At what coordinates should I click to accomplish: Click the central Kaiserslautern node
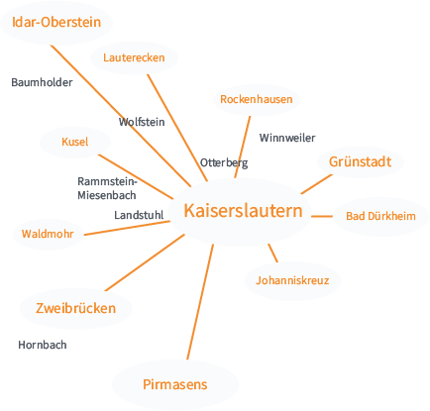243,211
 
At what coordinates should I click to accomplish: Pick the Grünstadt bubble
361,161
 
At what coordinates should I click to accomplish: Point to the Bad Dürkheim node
380,216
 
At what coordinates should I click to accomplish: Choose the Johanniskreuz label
291,281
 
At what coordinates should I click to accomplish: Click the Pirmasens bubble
174,383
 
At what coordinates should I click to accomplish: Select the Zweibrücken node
75,308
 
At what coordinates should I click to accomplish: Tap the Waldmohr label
48,235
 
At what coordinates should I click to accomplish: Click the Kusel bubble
75,142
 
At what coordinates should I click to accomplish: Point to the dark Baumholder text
42,83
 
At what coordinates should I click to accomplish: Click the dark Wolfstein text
142,122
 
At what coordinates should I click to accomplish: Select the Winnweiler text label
287,138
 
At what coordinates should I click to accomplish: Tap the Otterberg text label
223,162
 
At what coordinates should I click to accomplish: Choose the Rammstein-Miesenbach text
107,188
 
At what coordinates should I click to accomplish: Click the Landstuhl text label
139,214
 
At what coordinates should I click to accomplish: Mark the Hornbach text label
43,345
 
